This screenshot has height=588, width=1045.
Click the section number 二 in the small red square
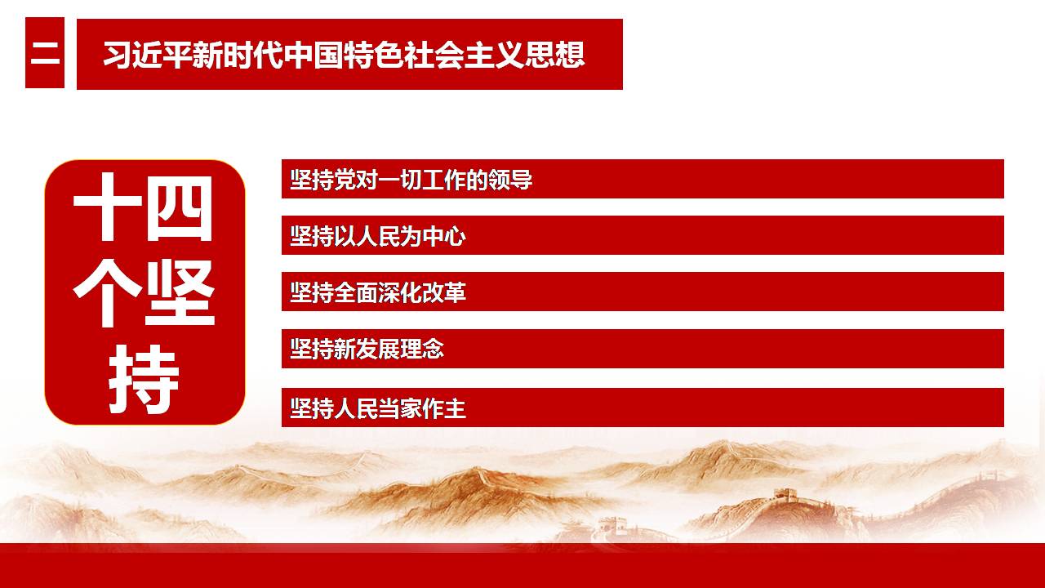click(x=45, y=54)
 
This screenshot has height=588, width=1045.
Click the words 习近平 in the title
click(x=147, y=55)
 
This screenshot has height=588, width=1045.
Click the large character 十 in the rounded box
click(x=107, y=207)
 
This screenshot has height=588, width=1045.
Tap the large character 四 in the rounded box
click(x=180, y=207)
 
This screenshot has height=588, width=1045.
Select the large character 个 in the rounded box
click(x=107, y=293)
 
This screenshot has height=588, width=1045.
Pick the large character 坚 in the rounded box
click(x=180, y=293)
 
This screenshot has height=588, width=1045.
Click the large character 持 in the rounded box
click(x=144, y=380)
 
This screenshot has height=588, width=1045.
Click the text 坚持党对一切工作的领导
click(x=411, y=180)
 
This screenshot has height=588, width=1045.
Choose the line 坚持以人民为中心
click(x=378, y=236)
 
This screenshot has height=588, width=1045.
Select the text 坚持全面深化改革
click(x=378, y=292)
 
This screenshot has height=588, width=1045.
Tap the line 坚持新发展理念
click(x=367, y=349)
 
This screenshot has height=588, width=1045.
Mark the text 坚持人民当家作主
click(x=378, y=408)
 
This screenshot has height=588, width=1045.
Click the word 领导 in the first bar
click(x=510, y=180)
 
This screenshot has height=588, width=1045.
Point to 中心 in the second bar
click(x=443, y=236)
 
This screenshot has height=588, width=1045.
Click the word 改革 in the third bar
click(x=443, y=292)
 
